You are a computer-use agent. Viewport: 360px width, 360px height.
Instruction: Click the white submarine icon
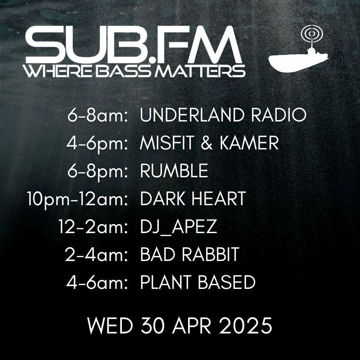point(296,61)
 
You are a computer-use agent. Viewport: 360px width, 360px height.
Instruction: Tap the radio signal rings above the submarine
point(312,34)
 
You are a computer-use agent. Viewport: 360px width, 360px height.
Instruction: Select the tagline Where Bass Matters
point(135,71)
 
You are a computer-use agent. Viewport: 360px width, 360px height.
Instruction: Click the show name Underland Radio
point(223,115)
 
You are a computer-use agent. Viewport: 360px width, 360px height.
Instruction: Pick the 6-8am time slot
point(97,116)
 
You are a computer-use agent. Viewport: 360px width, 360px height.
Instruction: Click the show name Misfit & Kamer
point(209,143)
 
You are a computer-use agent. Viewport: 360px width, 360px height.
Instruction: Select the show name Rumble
point(174,171)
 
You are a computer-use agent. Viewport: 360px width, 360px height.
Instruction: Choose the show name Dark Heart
point(193,198)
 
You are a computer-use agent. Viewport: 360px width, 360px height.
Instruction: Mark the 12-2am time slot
point(93,227)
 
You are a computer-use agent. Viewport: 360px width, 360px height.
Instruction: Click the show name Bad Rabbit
point(189,254)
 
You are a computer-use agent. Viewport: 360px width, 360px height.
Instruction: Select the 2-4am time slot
point(96,255)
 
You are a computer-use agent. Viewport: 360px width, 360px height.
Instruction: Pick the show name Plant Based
point(198,282)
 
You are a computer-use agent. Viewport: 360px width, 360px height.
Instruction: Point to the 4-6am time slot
point(97,283)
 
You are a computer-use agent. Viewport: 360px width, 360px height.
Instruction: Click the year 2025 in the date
point(245,325)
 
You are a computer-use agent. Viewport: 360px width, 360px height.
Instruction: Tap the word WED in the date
point(110,325)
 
